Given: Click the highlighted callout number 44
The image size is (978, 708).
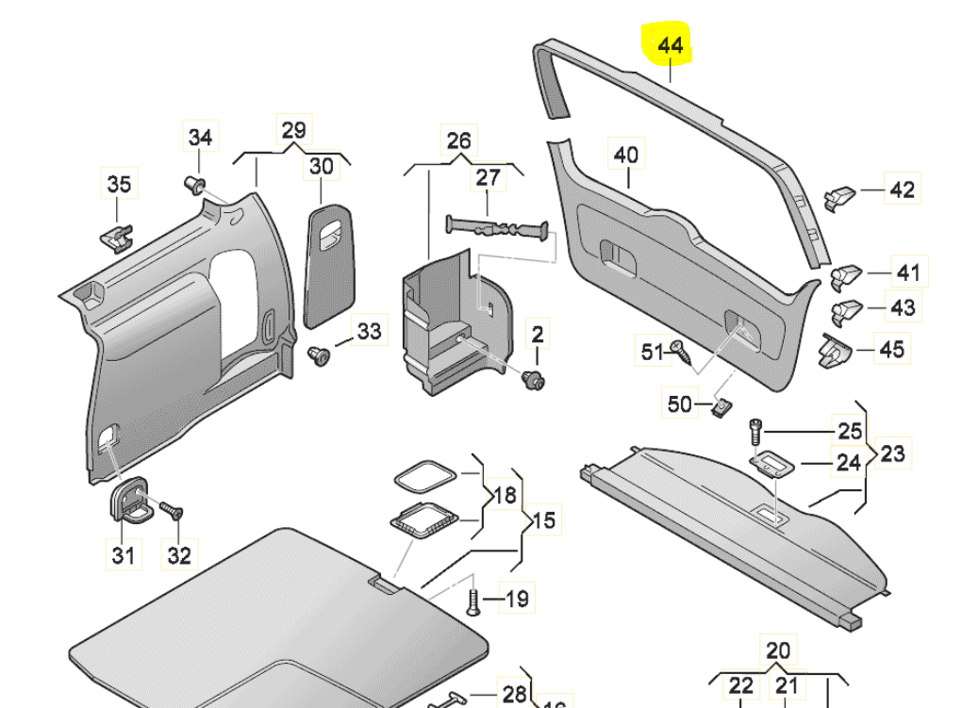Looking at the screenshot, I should click(x=670, y=45).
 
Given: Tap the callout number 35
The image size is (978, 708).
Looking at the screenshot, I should click(x=119, y=184).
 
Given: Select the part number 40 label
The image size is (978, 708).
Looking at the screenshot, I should click(x=626, y=155).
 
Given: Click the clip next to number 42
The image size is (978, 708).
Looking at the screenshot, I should click(x=839, y=197).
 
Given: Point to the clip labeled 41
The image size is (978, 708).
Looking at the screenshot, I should click(x=845, y=274).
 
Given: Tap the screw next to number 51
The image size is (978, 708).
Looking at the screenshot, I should click(x=684, y=354).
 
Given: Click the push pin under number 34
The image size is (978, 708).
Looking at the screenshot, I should click(x=197, y=183).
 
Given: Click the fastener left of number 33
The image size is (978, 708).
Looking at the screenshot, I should click(x=321, y=356).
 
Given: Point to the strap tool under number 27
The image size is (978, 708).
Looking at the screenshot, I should click(x=495, y=227).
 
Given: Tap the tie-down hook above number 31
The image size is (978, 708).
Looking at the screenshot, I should click(x=129, y=500).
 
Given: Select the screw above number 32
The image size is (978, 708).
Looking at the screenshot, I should click(x=172, y=511).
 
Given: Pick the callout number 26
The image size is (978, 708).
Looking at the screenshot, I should click(x=458, y=141).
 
